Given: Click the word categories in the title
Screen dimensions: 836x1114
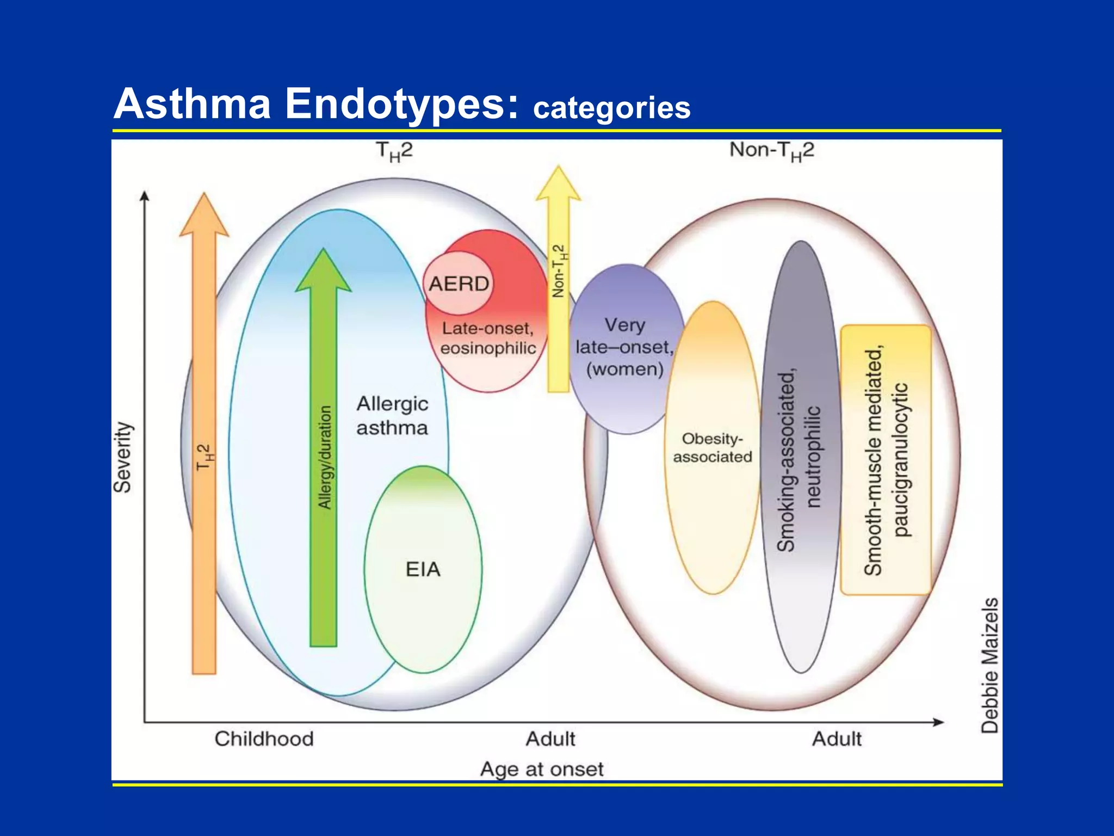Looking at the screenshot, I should (611, 108).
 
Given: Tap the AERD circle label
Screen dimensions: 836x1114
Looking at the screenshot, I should (459, 284).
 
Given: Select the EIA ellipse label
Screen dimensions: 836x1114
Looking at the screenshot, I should (423, 569).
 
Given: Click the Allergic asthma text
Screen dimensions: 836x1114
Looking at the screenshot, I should (392, 416).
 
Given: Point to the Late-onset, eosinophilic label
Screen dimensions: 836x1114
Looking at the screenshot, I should (488, 338).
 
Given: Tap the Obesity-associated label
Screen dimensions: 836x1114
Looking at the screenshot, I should (712, 447).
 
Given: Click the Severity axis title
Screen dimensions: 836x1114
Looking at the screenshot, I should (122, 457).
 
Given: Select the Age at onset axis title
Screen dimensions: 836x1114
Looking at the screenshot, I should (542, 769).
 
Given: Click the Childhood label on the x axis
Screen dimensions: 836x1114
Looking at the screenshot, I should (264, 739).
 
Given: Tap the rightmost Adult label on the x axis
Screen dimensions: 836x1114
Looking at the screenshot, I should (837, 739).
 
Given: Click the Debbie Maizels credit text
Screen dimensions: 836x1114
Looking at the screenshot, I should (990, 665).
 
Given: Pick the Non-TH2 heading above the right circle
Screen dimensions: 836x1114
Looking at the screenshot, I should (771, 150).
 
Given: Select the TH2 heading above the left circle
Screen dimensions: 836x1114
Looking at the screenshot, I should (394, 151).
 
